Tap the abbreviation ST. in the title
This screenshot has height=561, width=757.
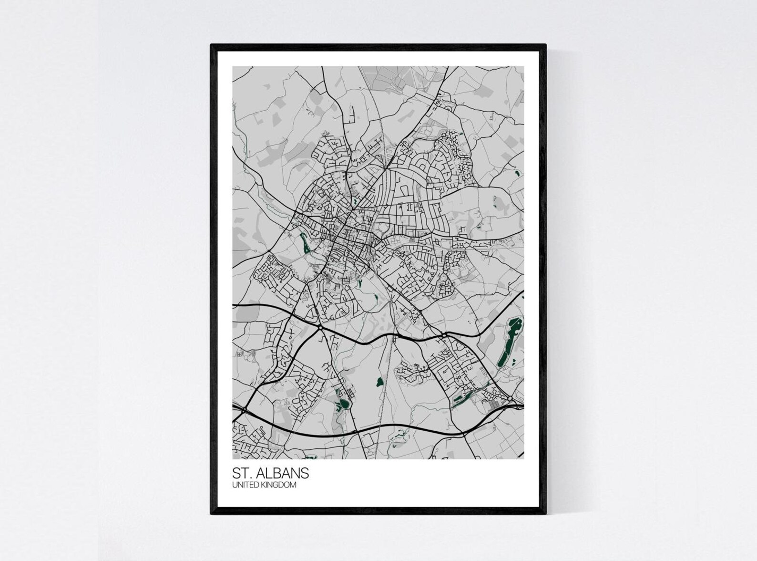point(242,473)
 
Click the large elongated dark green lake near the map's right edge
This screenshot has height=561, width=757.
point(509,342)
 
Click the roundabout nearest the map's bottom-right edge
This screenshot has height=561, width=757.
point(510,398)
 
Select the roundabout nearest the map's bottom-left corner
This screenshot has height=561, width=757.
point(244,410)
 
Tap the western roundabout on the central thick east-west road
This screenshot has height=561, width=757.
point(320,328)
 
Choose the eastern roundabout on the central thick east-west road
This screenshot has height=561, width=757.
point(444,336)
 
